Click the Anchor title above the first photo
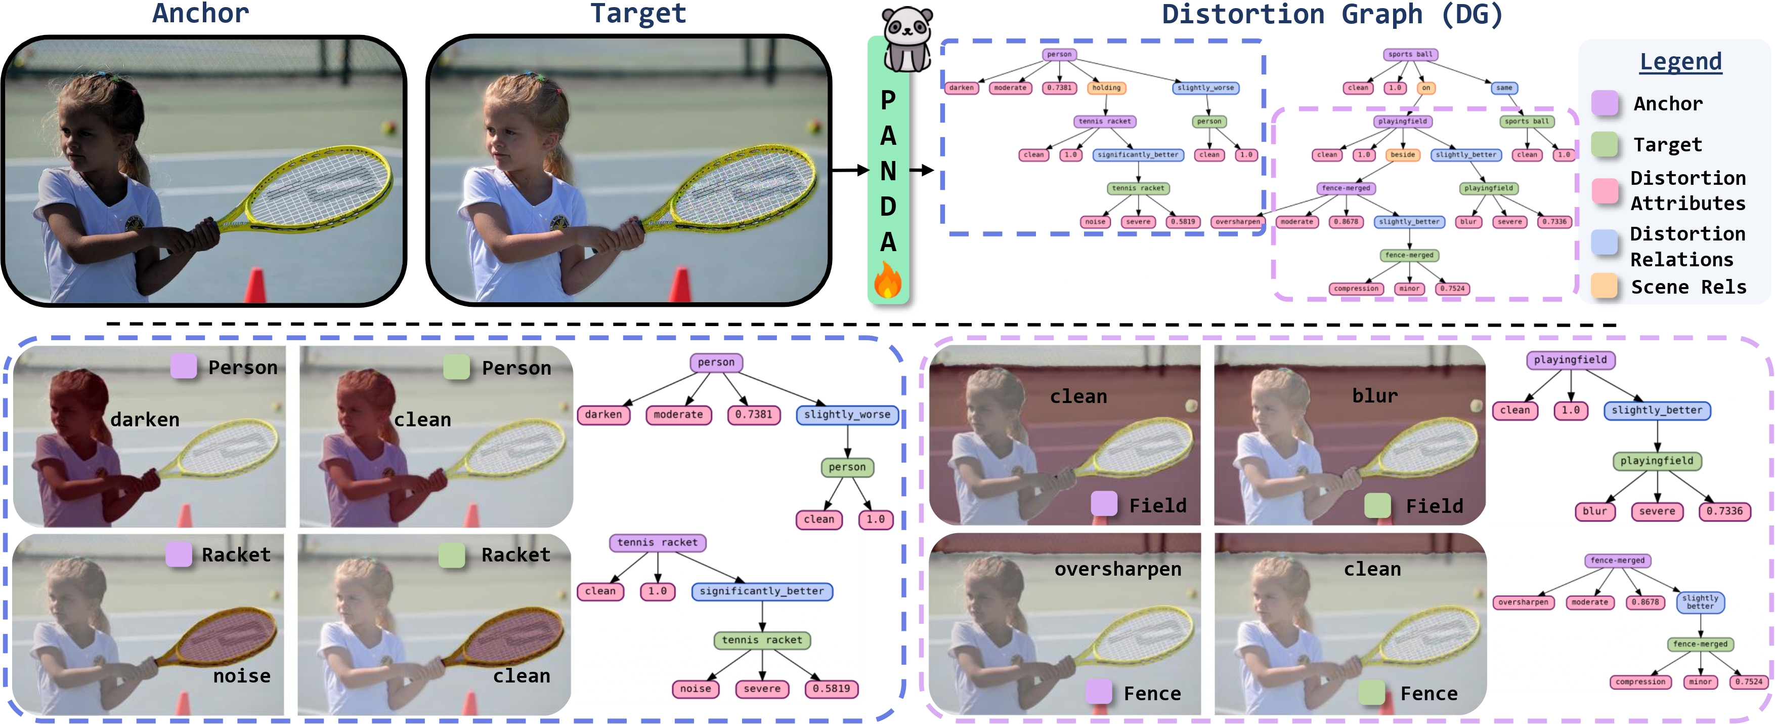pos(200,14)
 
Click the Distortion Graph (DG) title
pos(1332,15)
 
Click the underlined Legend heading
pos(1680,62)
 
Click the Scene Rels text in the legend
pos(1688,287)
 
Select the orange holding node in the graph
pos(1106,88)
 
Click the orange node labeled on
pos(1425,88)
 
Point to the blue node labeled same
pos(1504,88)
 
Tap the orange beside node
pos(1402,154)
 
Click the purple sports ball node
pos(1410,55)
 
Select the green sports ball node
pos(1526,122)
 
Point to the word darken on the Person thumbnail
pos(145,419)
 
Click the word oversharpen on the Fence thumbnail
pos(1117,569)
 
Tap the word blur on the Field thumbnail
pos(1375,396)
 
